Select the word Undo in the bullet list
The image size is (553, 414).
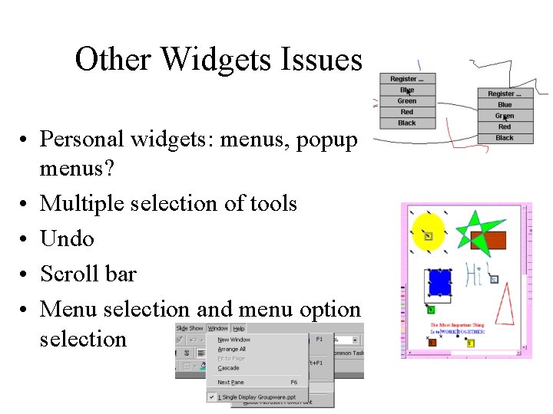coord(67,238)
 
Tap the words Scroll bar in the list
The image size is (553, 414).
coord(88,274)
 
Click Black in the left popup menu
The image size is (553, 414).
coord(407,123)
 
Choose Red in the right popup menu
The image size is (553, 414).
coord(505,127)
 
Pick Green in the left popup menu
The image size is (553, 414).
coord(407,101)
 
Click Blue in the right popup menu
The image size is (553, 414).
coord(505,104)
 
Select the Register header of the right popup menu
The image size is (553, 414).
coord(505,94)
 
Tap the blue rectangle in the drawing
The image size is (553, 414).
coord(439,282)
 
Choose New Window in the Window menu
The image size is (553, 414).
coord(234,340)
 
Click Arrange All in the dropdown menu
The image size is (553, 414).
coord(232,349)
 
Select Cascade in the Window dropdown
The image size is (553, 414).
coord(229,368)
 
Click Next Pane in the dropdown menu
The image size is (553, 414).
coord(231,382)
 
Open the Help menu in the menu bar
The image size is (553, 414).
coord(239,328)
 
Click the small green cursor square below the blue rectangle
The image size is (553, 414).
coord(431,310)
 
